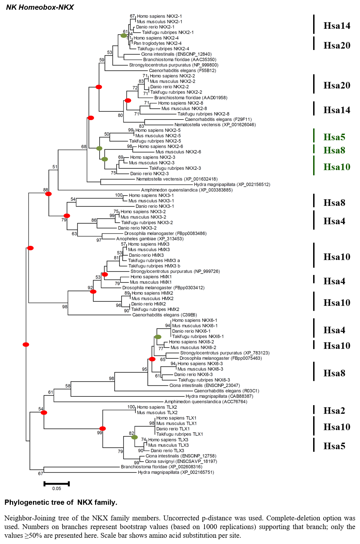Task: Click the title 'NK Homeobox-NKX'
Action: pos(40,7)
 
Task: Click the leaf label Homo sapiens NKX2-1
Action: pos(159,16)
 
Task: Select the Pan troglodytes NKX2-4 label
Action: pos(157,43)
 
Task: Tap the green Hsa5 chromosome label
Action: pos(334,137)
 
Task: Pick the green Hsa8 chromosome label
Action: pos(334,150)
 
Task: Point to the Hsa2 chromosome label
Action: pos(334,411)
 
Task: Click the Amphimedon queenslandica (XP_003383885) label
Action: pos(187,190)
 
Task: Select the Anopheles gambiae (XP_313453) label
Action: pos(150,239)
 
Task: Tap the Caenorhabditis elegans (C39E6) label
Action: pos(165,315)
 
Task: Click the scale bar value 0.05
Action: pos(57,488)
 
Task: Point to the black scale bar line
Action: pos(57,484)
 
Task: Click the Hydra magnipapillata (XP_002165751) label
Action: pos(176,472)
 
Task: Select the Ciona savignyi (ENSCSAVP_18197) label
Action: pos(181,461)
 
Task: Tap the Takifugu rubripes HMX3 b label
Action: pos(154,266)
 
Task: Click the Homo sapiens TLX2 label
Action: pos(157,407)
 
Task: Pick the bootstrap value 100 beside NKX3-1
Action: pos(119,195)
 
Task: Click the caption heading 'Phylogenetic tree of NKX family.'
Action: pos(61,502)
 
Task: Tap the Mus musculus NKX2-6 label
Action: pos(178,152)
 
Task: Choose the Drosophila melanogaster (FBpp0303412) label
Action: pos(163,288)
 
